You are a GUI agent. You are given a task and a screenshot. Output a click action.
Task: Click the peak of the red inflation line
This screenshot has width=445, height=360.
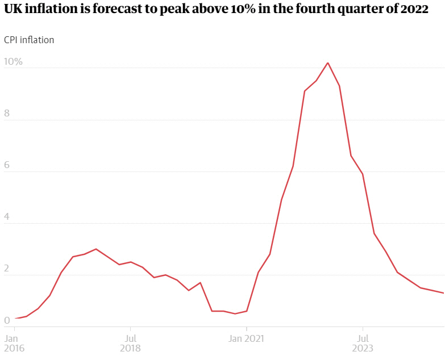[x=328, y=63]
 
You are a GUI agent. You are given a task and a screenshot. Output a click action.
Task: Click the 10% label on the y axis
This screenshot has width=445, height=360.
[x=13, y=61]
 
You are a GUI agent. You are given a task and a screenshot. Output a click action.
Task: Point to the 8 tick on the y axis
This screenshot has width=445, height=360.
[x=7, y=114]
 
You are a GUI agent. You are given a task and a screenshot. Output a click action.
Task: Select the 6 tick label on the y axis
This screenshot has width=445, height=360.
[x=7, y=165]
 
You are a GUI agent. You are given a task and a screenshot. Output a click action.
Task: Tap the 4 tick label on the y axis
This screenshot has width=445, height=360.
[x=7, y=217]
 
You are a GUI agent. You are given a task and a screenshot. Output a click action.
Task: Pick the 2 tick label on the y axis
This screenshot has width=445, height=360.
[x=7, y=269]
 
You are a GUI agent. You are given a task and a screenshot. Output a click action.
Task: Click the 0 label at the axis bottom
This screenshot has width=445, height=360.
[x=7, y=321]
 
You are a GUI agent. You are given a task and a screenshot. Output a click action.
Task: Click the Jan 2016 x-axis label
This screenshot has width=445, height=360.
[x=14, y=344]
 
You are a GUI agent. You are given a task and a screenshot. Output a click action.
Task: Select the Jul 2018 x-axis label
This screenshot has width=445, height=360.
[x=130, y=344]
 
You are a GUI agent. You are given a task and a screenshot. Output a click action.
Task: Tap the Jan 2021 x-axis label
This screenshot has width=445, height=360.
[x=246, y=338]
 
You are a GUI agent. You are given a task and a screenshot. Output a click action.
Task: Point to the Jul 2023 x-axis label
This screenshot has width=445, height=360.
[x=363, y=344]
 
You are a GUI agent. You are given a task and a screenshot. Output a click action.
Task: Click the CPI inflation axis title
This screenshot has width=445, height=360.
[x=29, y=40]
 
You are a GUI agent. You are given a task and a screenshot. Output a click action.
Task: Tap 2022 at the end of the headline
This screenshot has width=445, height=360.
[x=414, y=11]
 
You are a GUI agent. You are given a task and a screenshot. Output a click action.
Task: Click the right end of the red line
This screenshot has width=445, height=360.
[x=443, y=293]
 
